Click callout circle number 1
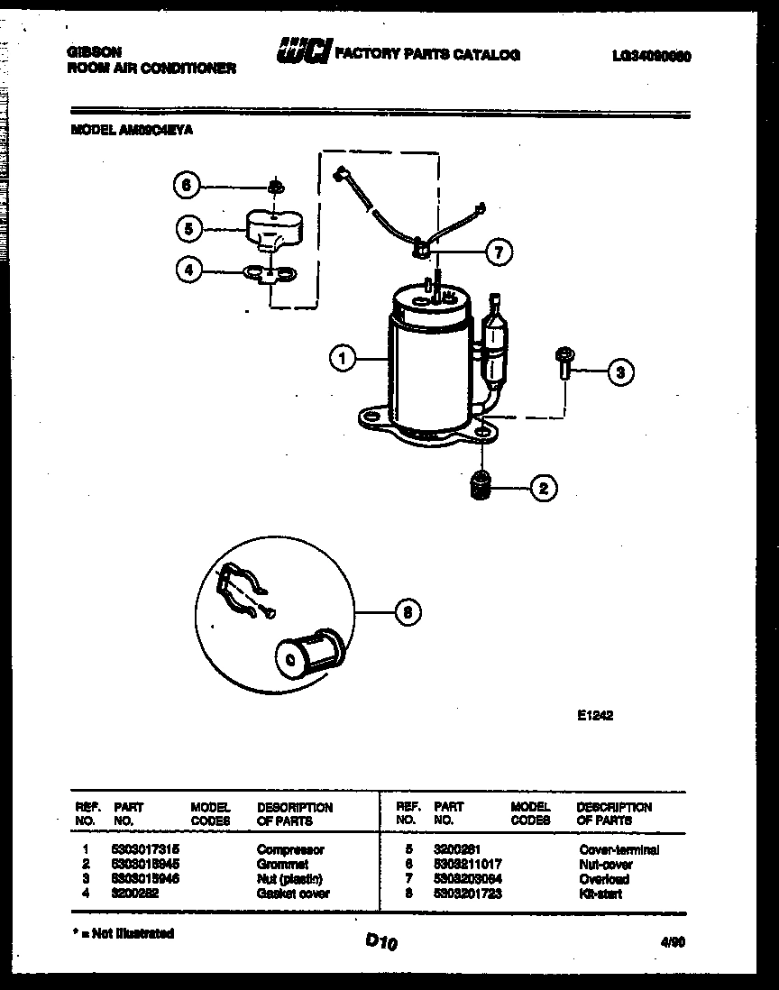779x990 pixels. point(342,359)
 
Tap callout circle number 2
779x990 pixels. point(543,489)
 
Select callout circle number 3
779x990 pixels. point(619,371)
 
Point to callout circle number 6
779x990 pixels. point(186,186)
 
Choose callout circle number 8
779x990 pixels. point(408,613)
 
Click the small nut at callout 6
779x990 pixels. point(275,187)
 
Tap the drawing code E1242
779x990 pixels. point(595,717)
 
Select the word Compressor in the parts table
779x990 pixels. point(290,849)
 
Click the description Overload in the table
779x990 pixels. point(604,879)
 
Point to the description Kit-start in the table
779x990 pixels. point(600,894)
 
